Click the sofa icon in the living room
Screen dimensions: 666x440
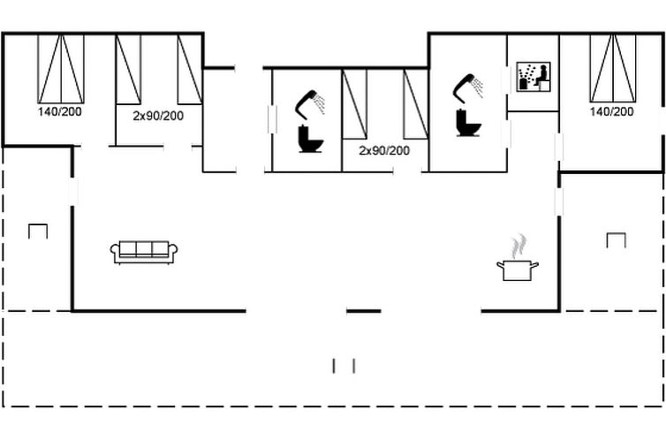tap(144, 253)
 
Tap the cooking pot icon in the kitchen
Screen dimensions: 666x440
tap(518, 270)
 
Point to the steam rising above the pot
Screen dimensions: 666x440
tap(518, 246)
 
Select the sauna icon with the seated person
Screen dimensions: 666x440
tap(534, 77)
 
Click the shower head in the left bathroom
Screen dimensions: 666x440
tap(310, 103)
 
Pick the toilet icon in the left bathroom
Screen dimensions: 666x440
tap(311, 139)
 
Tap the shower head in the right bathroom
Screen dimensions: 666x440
tap(467, 88)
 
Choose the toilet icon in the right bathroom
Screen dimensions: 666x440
tap(468, 123)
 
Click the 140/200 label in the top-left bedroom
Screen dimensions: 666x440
tap(59, 111)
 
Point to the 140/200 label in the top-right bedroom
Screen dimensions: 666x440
tap(611, 111)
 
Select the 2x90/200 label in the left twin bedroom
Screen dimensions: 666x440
tap(158, 116)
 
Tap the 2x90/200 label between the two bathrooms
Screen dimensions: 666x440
tap(384, 150)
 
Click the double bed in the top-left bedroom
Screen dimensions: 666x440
tap(61, 69)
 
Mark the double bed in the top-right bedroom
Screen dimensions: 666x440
tap(613, 68)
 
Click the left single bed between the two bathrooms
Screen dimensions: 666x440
tap(354, 104)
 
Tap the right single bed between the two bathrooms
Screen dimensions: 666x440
tap(416, 104)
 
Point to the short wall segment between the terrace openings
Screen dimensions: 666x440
tap(364, 311)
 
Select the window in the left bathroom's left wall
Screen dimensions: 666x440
tap(272, 119)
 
